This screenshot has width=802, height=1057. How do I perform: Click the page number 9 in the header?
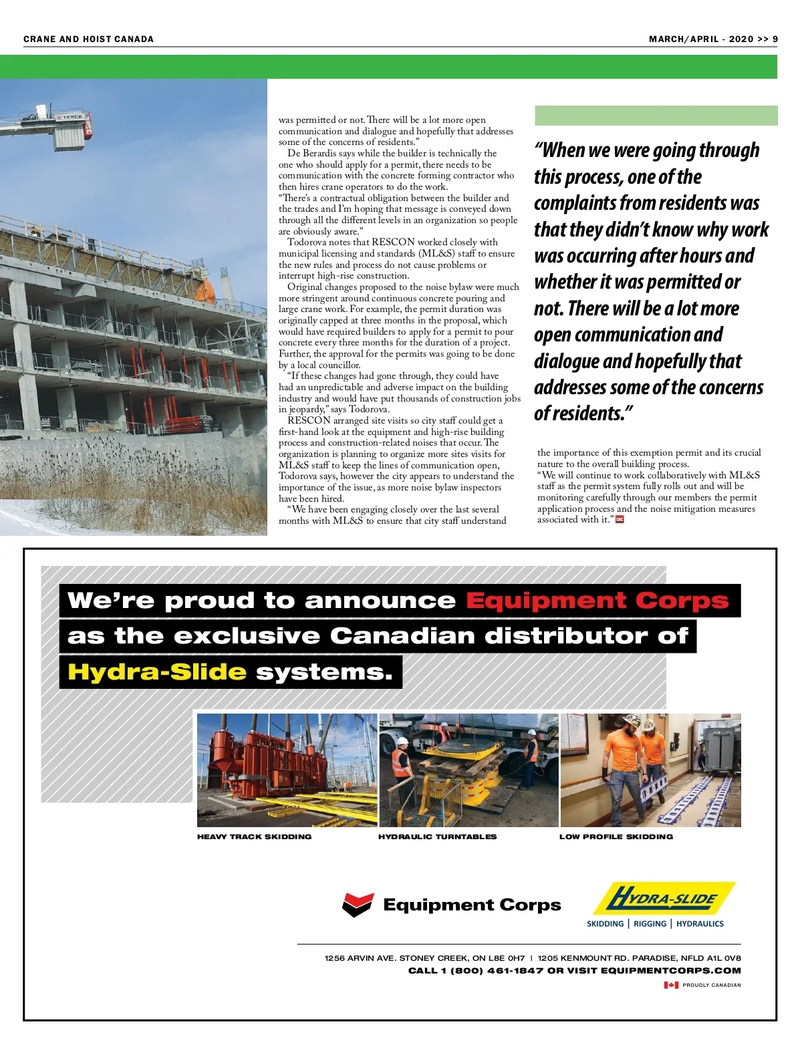pyautogui.click(x=775, y=39)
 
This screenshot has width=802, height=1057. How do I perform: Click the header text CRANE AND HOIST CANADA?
pyautogui.click(x=88, y=39)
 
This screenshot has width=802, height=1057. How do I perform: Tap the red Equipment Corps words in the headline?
pyautogui.click(x=597, y=601)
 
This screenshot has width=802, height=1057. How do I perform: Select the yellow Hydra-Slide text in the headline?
pyautogui.click(x=157, y=671)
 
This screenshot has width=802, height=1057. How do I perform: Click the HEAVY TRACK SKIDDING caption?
pyautogui.click(x=254, y=837)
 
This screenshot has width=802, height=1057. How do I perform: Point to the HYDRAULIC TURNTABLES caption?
pyautogui.click(x=437, y=837)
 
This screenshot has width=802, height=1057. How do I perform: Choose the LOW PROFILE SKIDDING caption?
pyautogui.click(x=616, y=837)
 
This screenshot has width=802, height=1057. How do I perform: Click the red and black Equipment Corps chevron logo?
pyautogui.click(x=357, y=905)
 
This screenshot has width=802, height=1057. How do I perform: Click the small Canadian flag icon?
pyautogui.click(x=671, y=985)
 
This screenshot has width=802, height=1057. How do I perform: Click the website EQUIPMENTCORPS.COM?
pyautogui.click(x=670, y=971)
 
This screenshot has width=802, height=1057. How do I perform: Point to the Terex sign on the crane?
pyautogui.click(x=70, y=117)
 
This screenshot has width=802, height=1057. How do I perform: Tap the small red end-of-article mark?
pyautogui.click(x=620, y=520)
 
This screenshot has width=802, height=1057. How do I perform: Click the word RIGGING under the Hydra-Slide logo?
pyautogui.click(x=650, y=924)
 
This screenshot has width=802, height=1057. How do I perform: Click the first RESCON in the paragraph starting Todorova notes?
pyautogui.click(x=394, y=243)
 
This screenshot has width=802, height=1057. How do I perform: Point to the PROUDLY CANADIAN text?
pyautogui.click(x=711, y=985)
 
